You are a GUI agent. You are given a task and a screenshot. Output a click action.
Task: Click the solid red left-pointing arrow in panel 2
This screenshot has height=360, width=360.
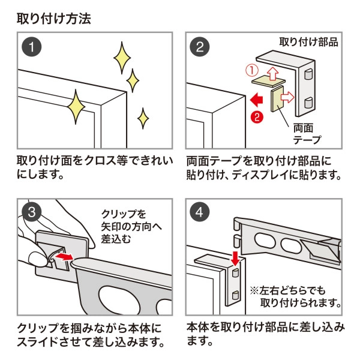point(259,98)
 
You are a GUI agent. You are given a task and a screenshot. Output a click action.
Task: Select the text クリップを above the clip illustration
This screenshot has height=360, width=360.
point(120,214)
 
